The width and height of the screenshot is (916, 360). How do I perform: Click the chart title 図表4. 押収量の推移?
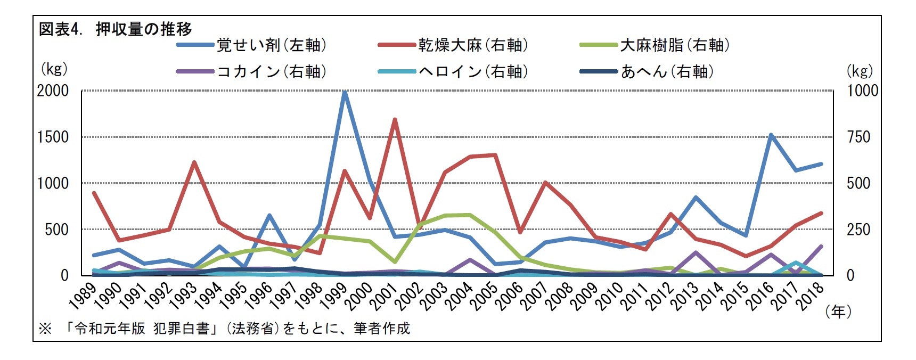tap(115, 29)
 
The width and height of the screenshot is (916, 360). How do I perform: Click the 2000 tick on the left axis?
tap(53, 91)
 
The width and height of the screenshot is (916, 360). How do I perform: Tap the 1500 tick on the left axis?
tap(53, 137)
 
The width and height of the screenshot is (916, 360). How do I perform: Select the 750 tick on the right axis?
tap(858, 137)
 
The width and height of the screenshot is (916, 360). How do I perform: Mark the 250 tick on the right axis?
tap(858, 230)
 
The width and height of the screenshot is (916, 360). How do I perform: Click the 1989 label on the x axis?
tap(83, 296)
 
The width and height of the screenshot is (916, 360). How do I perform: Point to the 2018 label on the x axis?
tap(811, 296)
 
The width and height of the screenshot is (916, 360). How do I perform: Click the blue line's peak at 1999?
tap(345, 92)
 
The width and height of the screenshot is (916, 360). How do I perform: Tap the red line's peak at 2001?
tap(395, 119)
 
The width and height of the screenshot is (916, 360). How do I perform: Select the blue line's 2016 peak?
tap(771, 135)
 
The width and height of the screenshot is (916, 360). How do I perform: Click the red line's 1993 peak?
tap(194, 162)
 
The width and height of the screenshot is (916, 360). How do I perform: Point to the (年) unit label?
tap(838, 312)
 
